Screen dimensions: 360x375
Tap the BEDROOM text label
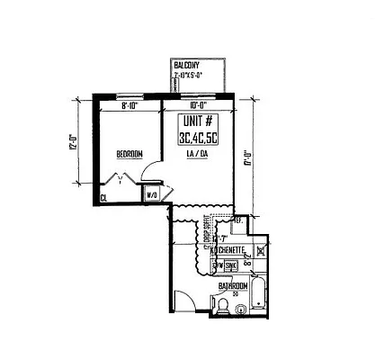tap(129, 155)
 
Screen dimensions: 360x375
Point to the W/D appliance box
tap(152, 193)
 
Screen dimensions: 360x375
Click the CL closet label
tap(104, 197)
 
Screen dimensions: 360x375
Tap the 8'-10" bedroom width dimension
tap(130, 105)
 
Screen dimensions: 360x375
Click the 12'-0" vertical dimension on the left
tap(71, 144)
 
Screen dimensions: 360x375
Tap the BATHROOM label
tap(234, 286)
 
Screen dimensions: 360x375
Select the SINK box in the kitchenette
tap(231, 265)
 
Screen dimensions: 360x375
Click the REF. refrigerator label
tap(238, 220)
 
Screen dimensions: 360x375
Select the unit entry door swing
tap(184, 301)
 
